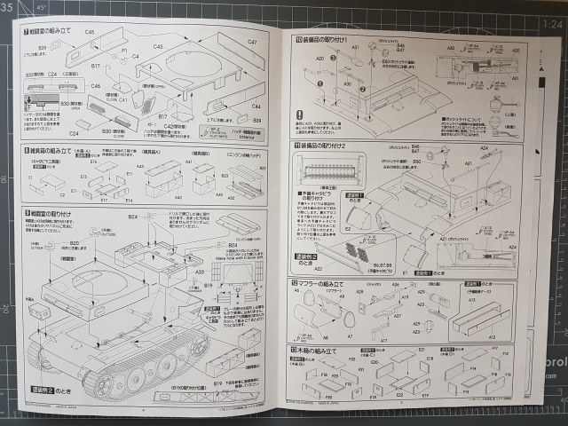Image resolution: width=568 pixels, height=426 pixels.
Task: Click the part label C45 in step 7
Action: point(90,31)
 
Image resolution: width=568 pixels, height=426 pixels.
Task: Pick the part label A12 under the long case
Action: point(490,336)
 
